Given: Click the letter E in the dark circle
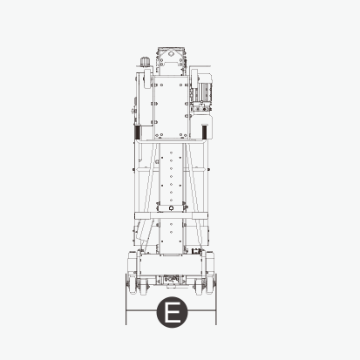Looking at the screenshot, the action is (x=172, y=312).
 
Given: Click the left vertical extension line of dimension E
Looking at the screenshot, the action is (x=126, y=299).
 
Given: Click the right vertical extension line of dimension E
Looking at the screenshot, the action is (x=216, y=299).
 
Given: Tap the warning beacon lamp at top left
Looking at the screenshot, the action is (x=144, y=62).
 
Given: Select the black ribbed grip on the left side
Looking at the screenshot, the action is (x=137, y=132).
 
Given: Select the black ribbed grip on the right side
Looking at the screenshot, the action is (x=205, y=132).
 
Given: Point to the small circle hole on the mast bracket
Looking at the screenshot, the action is (x=171, y=207).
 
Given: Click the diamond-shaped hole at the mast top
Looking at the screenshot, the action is (x=171, y=54).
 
